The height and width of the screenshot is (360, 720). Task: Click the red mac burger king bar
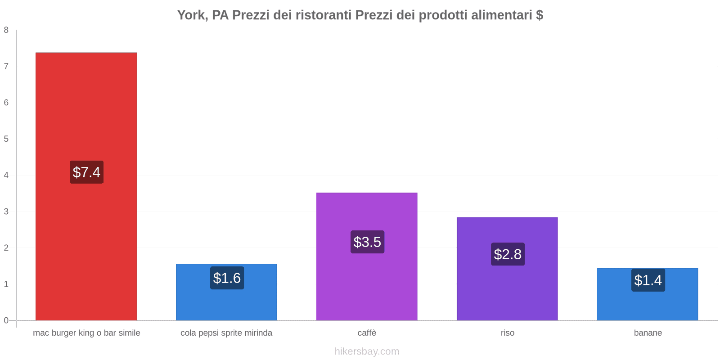pyautogui.click(x=86, y=112)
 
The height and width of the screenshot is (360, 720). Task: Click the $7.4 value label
pyautogui.click(x=86, y=172)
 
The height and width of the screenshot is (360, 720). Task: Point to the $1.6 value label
pyautogui.click(x=227, y=278)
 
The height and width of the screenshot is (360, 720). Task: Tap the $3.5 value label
pyautogui.click(x=367, y=242)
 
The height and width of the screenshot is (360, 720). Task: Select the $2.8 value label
pyautogui.click(x=508, y=254)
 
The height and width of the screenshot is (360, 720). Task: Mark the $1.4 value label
pyautogui.click(x=648, y=280)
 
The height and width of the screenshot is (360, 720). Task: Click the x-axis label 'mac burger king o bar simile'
pyautogui.click(x=86, y=333)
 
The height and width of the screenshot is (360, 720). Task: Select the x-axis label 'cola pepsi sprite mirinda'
pyautogui.click(x=226, y=333)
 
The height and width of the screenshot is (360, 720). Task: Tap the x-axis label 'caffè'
pyautogui.click(x=367, y=333)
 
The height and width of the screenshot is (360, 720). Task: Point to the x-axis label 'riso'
pyautogui.click(x=507, y=333)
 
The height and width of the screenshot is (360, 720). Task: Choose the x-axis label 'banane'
pyautogui.click(x=648, y=333)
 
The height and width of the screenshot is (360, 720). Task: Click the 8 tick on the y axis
pyautogui.click(x=6, y=30)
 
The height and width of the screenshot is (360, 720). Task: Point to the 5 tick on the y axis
pyautogui.click(x=6, y=139)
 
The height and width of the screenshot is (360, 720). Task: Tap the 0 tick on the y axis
pyautogui.click(x=6, y=320)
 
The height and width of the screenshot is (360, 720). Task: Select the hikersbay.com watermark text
pyautogui.click(x=367, y=351)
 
